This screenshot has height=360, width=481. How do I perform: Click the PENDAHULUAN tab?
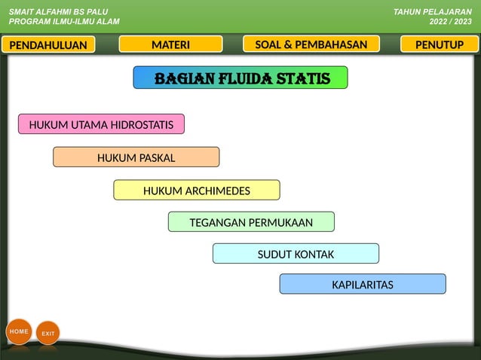(x=48, y=45)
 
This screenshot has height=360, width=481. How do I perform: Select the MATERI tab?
(x=170, y=44)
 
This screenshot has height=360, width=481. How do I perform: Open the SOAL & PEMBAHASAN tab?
(x=311, y=44)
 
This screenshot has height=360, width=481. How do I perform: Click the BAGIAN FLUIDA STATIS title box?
(x=240, y=78)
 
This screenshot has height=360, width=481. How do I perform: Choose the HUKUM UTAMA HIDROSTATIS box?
(x=101, y=124)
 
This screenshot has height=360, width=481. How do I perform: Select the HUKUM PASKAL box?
(x=136, y=157)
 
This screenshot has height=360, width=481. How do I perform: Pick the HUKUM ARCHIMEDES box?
(x=196, y=191)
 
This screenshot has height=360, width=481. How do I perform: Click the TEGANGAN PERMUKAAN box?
(x=250, y=222)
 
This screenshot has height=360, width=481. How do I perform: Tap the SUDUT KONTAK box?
(x=296, y=254)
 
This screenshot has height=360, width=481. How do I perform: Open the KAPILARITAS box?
(x=362, y=285)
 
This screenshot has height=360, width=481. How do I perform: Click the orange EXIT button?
(x=47, y=333)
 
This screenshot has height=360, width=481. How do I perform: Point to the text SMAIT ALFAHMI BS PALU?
(x=53, y=12)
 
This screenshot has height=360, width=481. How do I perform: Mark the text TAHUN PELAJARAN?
(x=433, y=12)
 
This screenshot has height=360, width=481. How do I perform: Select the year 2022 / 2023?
(x=450, y=22)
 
